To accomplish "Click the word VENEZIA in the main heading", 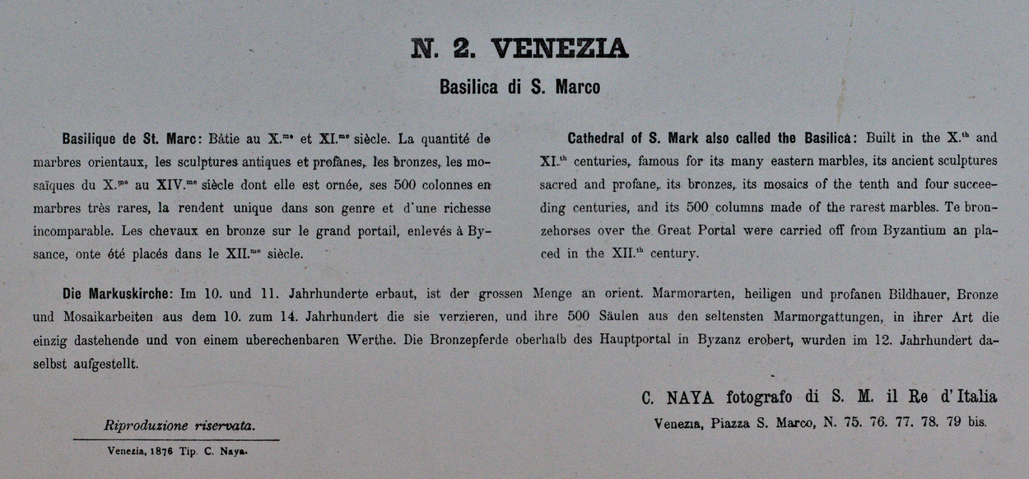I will click(x=560, y=50).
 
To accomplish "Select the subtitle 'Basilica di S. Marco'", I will click(x=519, y=86).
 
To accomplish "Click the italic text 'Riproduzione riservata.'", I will click(x=179, y=426).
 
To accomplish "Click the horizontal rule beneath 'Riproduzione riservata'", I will click(x=176, y=439).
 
